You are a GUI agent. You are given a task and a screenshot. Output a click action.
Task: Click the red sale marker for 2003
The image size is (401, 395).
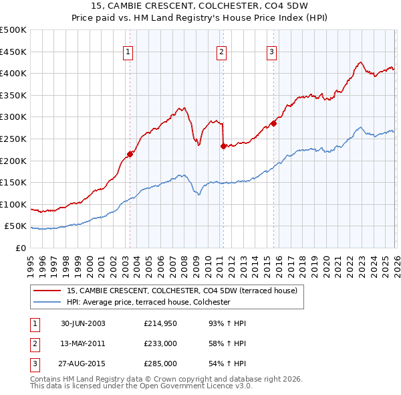(x=130, y=154)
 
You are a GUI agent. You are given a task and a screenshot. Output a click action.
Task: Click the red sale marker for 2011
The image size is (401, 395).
(x=223, y=147)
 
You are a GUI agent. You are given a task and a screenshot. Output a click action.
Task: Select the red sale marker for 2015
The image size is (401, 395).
(x=273, y=124)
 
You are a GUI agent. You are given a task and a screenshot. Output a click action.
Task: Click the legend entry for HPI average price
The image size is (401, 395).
(x=148, y=303)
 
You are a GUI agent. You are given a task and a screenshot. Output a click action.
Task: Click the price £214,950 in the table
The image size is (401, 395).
(x=160, y=323)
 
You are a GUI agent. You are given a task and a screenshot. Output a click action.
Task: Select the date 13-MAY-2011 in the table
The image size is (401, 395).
(x=83, y=343)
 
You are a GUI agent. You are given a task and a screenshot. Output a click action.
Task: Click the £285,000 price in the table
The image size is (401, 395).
(x=160, y=364)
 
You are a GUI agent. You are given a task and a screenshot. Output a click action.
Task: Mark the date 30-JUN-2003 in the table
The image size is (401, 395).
(x=83, y=323)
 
